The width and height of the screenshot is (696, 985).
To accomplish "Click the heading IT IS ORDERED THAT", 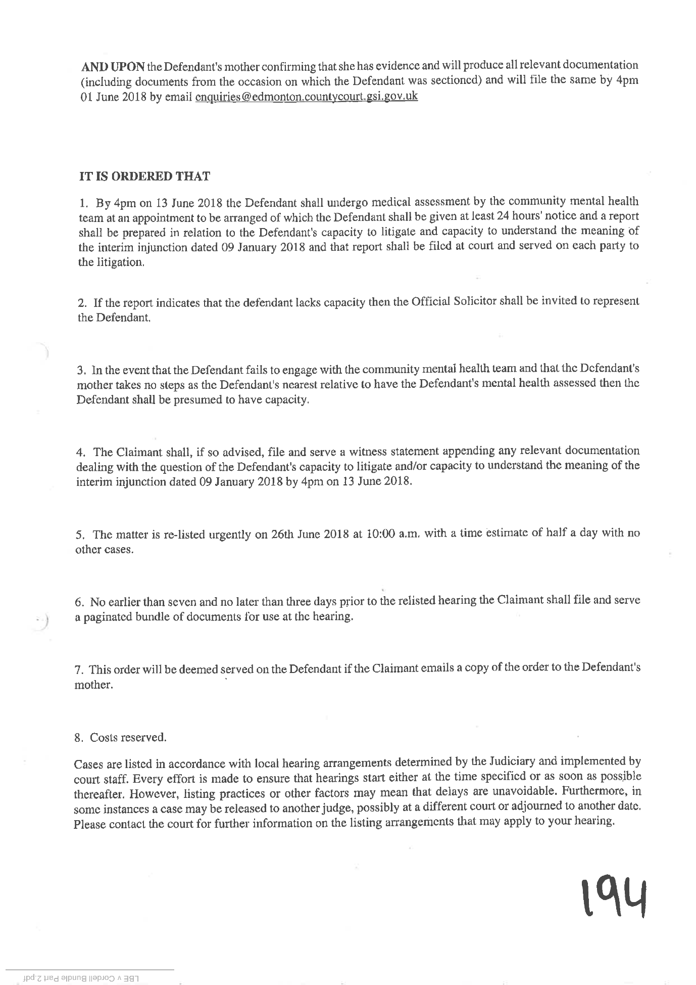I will coord(144,176).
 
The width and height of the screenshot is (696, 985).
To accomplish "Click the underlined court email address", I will coord(306,96).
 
